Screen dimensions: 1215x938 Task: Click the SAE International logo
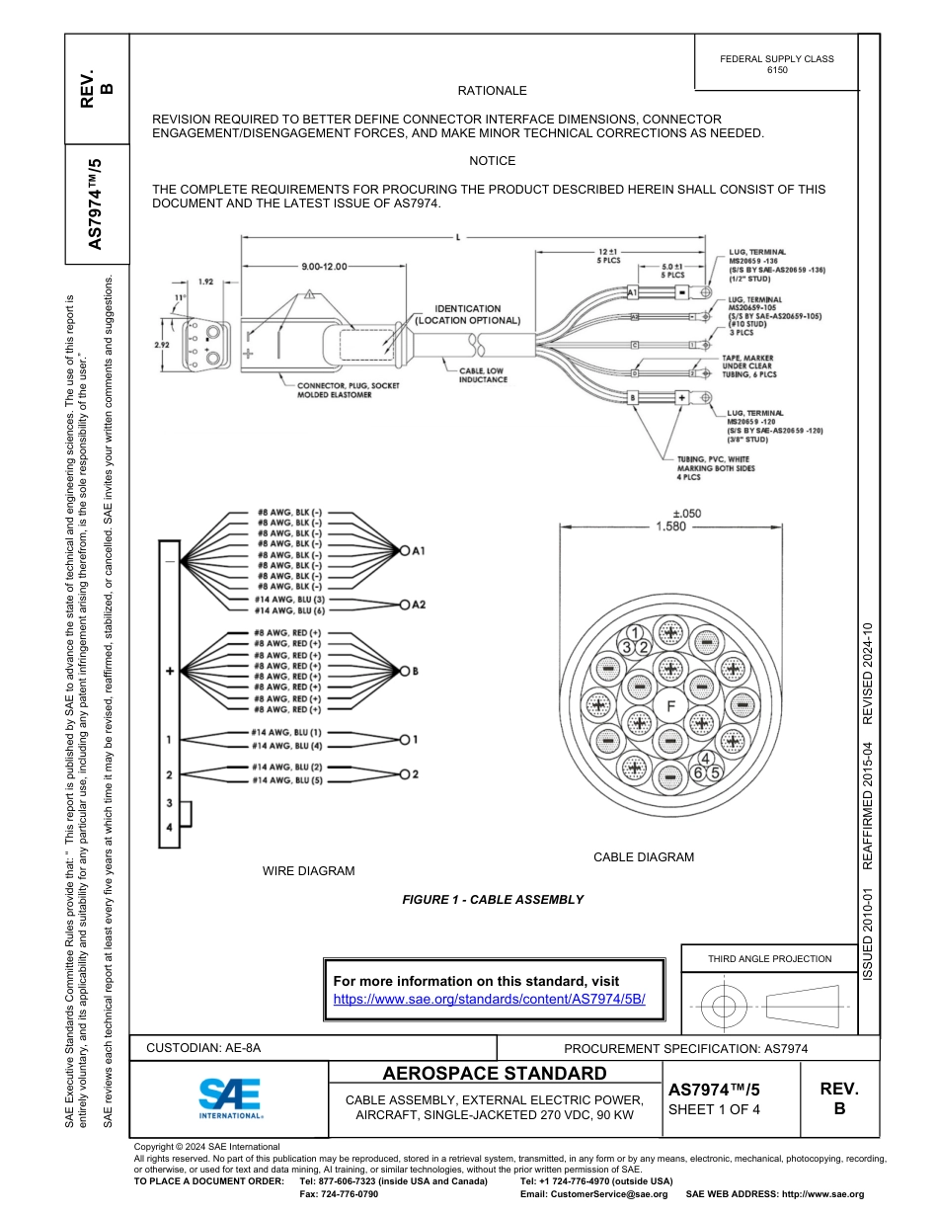[230, 1096]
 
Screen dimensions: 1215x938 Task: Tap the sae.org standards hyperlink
[489, 999]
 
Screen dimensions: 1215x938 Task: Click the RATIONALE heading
[492, 91]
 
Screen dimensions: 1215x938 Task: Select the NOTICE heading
[492, 161]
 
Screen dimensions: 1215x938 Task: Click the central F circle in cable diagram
[670, 707]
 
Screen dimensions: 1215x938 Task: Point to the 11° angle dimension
[180, 297]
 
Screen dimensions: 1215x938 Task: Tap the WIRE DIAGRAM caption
[308, 871]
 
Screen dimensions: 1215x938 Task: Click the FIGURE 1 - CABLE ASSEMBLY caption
[492, 900]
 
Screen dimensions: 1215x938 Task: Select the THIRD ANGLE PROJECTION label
[769, 958]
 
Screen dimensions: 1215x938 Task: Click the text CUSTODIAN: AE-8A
[203, 1048]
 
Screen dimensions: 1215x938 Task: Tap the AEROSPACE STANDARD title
[494, 1074]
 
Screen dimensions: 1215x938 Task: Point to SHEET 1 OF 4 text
[714, 1108]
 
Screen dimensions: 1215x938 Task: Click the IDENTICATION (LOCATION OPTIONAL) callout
[468, 314]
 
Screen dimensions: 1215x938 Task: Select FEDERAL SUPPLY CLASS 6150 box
[776, 64]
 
